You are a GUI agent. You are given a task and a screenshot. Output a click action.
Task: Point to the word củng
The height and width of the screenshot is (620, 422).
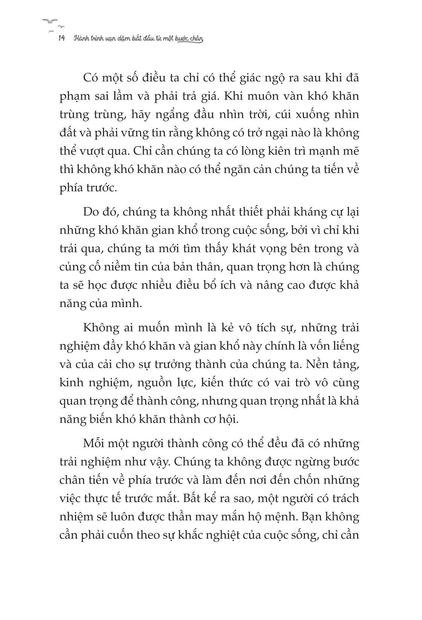[72, 267]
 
